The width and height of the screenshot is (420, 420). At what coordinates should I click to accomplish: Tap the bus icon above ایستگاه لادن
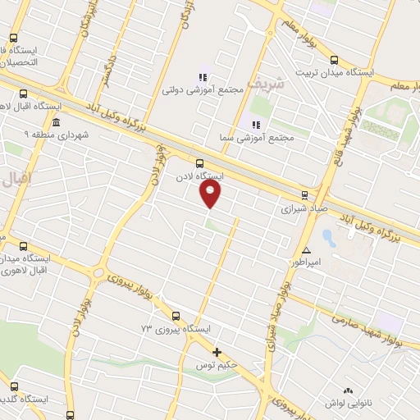click(200, 163)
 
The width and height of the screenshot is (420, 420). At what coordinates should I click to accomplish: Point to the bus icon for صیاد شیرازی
click(304, 195)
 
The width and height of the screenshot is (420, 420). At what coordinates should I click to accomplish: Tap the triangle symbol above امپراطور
click(307, 250)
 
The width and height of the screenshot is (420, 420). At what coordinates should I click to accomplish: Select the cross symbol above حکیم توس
click(217, 352)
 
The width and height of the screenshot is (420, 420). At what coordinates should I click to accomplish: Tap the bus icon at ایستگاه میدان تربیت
click(334, 59)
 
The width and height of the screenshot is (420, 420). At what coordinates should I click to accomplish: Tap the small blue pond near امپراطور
click(328, 239)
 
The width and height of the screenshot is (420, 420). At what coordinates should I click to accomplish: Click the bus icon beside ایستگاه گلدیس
click(13, 386)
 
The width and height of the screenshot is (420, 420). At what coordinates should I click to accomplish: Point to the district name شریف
click(268, 83)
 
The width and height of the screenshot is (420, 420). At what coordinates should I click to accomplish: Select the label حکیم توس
click(216, 364)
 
